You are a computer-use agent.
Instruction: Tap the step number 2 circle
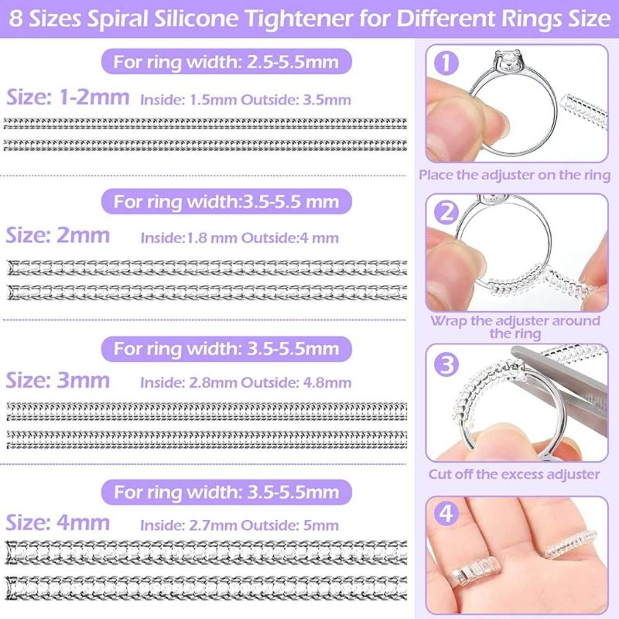445,210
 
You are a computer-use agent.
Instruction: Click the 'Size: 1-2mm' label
69,98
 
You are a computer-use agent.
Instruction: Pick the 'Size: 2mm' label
58,235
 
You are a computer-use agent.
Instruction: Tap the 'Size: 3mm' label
58,381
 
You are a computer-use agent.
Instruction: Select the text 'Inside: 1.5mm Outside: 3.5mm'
245,100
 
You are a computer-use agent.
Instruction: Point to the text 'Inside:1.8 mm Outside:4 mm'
239,238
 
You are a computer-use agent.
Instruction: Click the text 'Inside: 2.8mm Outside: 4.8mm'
245,382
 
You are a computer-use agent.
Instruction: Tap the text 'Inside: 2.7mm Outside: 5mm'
239,525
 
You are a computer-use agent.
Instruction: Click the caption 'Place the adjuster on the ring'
515,175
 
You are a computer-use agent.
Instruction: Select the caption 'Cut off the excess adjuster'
515,474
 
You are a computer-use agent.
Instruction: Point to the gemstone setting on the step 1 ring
507,63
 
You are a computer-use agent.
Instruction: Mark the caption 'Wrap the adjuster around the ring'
515,327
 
